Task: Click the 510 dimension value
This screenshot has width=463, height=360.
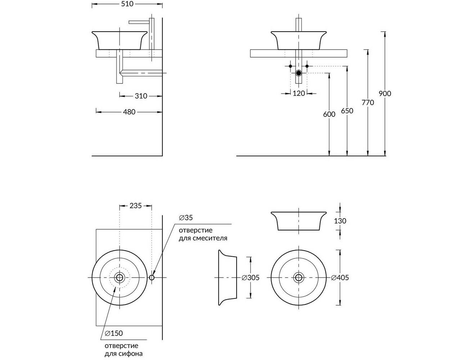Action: point(127,4)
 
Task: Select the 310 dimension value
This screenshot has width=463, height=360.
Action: point(141,96)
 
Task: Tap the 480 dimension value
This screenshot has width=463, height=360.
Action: point(129,112)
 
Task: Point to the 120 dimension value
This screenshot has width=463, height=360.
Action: point(298,93)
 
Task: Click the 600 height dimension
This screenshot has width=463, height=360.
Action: point(329,114)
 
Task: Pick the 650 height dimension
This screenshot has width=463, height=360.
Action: point(347,111)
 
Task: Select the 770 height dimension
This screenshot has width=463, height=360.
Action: point(368,103)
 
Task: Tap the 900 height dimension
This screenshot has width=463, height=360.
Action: point(385,94)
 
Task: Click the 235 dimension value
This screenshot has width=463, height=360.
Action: point(135,206)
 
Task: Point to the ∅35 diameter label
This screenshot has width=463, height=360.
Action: point(186,218)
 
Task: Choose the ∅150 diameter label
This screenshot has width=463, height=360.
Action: point(114,333)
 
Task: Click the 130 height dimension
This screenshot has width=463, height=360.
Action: point(340,221)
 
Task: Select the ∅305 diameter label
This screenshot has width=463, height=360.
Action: point(251,278)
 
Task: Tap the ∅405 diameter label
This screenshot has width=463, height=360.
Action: point(340,278)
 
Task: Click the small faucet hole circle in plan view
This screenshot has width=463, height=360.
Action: point(152,278)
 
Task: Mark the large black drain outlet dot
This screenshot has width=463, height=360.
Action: point(299,73)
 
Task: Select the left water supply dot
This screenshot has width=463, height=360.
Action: point(291,66)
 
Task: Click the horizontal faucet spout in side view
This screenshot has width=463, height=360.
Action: point(139,22)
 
